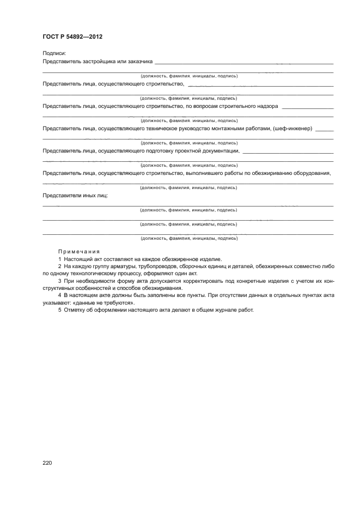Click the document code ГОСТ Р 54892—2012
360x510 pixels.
tap(72, 37)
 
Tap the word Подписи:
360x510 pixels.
tap(54, 53)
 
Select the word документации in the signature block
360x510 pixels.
tap(221, 151)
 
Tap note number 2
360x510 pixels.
tap(59, 266)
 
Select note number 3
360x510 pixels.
tap(59, 281)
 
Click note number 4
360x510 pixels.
tap(59, 295)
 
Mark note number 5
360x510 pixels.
tap(59, 310)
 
